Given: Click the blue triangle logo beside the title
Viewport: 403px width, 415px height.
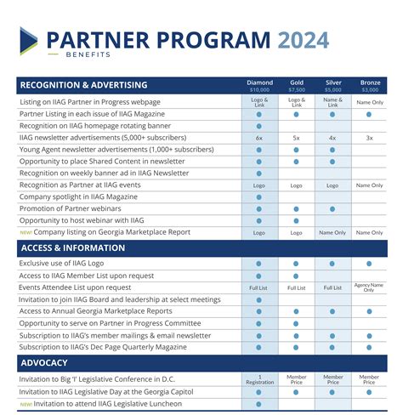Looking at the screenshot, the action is click(29, 40).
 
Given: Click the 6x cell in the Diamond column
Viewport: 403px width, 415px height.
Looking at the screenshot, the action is click(259, 137).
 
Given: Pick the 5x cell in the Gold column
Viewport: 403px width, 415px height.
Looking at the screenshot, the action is click(297, 137).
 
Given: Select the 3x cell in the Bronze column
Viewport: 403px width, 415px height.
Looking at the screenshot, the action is click(370, 137).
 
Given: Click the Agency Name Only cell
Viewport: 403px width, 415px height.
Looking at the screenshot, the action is click(370, 287).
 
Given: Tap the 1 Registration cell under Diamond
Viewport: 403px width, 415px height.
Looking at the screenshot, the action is click(259, 379).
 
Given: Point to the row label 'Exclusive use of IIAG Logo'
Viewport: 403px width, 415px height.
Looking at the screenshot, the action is click(67, 264).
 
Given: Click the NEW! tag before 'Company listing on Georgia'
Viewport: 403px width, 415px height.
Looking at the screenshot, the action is click(25, 232).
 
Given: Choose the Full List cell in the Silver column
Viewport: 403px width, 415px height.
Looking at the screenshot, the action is click(333, 287).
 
